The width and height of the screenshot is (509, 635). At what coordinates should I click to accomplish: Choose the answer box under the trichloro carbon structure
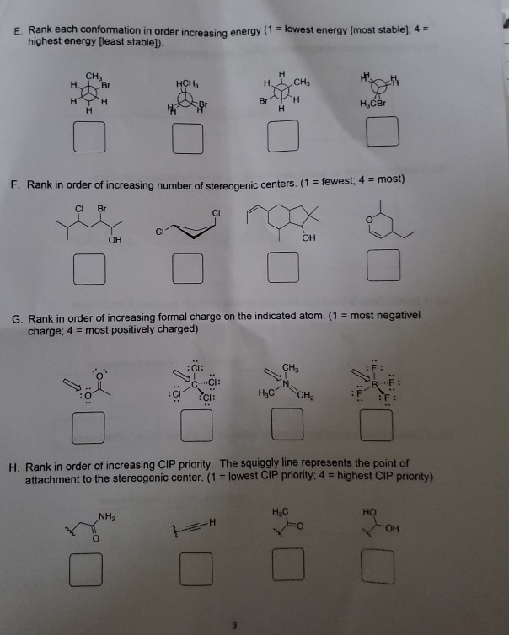[196, 428]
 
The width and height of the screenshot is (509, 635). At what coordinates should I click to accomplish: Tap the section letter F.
[14, 179]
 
